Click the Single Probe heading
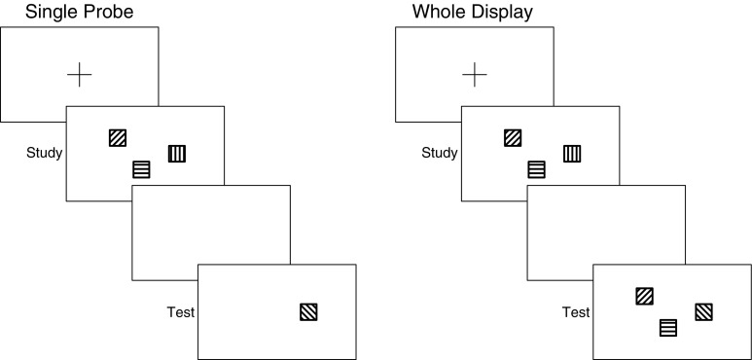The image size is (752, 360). point(68,12)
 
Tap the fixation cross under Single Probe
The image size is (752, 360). point(80,73)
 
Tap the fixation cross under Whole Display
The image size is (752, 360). point(475,73)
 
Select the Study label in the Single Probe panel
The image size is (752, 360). point(45,153)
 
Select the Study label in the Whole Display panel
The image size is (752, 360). point(440,153)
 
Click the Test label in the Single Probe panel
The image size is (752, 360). point(180,312)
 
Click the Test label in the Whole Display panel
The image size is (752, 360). point(576,312)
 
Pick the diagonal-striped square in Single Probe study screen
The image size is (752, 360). point(118,138)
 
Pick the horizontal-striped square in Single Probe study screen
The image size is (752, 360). point(141,170)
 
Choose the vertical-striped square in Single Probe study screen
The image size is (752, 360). point(176,153)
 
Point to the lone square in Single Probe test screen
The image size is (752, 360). point(308,312)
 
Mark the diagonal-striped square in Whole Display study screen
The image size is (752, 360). point(513,138)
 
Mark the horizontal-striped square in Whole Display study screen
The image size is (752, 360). point(536,170)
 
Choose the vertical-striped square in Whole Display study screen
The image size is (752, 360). point(572,153)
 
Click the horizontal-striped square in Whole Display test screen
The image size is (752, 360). point(668,328)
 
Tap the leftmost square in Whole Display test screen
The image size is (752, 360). point(644,296)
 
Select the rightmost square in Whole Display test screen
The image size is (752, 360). point(703,312)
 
